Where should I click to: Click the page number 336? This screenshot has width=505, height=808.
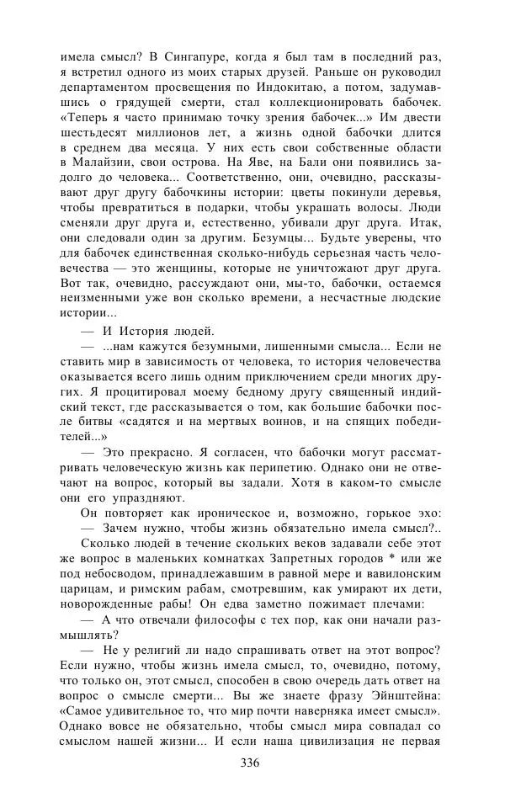click(250, 764)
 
